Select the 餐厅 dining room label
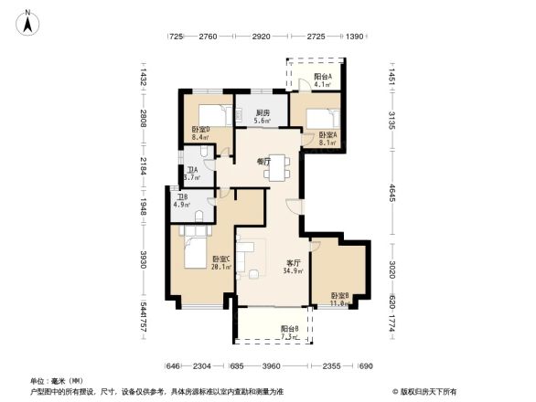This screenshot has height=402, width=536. point(263,161)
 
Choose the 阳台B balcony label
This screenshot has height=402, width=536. point(289,329)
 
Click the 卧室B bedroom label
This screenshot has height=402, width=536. point(339,296)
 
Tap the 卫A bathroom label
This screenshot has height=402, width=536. point(192,169)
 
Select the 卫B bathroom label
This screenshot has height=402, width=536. point(180,196)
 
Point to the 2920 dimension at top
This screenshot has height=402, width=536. point(261,37)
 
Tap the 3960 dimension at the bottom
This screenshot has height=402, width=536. point(269,366)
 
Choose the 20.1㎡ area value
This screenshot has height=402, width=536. point(220,268)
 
